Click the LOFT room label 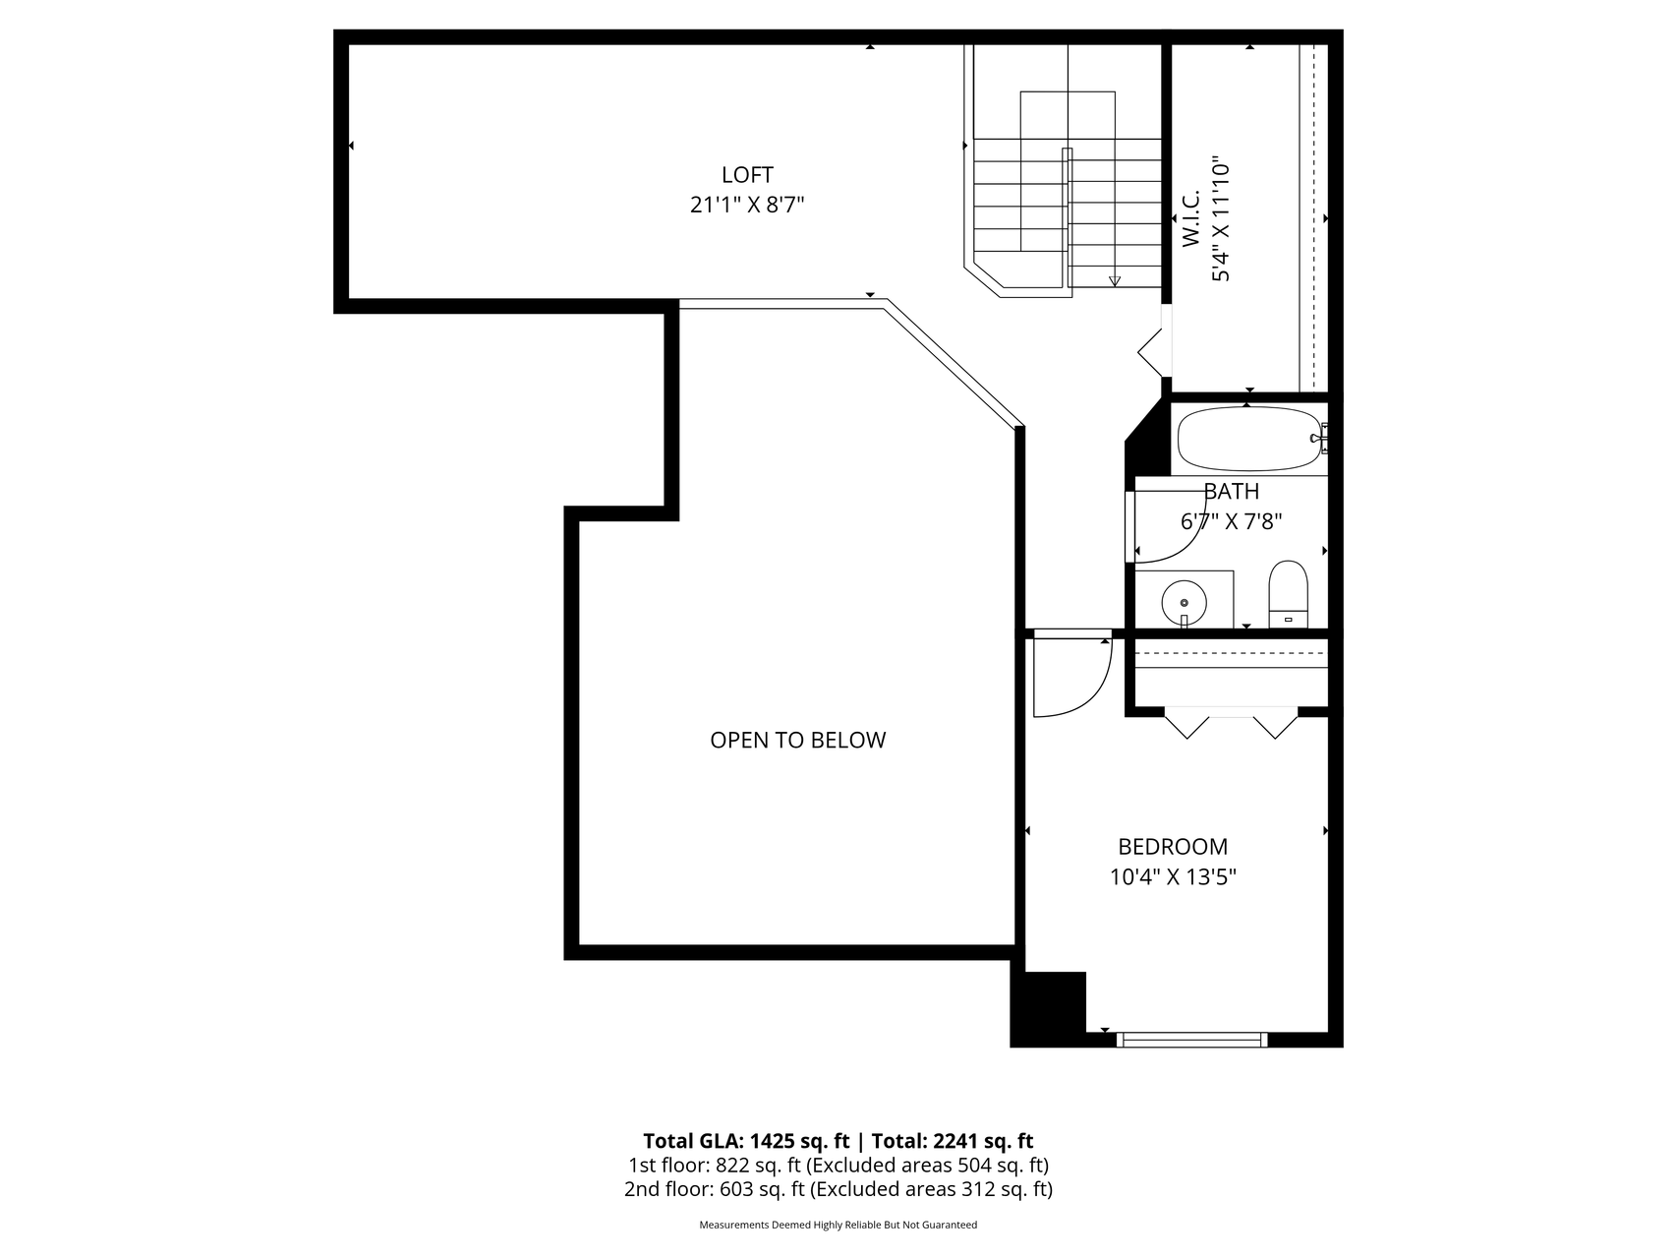[747, 175]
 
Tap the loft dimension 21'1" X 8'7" [747, 206]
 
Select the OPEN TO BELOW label [797, 740]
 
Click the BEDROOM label [1173, 846]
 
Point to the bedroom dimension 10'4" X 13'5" [1173, 876]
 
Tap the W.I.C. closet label [1191, 218]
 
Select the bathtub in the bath [1247, 439]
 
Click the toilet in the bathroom [1288, 593]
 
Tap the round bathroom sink [1184, 602]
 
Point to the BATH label [1231, 491]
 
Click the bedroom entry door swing [1071, 675]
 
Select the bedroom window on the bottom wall [1191, 1039]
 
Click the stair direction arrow [1114, 281]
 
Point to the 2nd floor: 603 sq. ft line [838, 1189]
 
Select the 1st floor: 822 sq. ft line [838, 1166]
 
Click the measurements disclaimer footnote [838, 1225]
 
